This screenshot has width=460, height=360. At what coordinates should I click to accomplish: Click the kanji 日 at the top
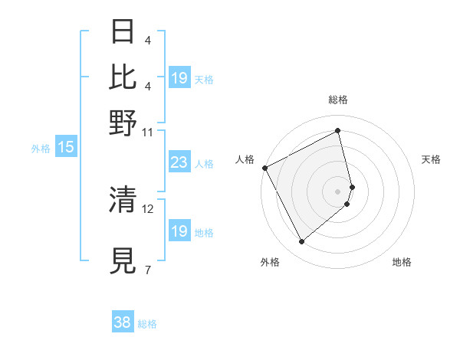coord(124,32)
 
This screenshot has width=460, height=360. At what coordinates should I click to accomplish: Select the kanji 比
coord(124,77)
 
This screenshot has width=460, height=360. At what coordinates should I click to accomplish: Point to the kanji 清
coord(124,199)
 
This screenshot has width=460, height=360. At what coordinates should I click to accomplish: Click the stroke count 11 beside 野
coord(148,132)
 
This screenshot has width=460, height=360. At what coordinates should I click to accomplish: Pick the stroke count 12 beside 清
coord(148,208)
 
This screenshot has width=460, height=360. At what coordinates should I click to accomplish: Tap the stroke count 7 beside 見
coord(148,270)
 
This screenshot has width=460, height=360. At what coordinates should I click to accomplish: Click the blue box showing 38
coord(123,322)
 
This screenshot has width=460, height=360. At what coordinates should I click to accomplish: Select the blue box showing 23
coord(179,162)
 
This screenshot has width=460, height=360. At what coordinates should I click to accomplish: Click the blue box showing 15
coord(66,148)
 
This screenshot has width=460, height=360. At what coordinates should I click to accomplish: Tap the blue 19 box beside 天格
coord(179,78)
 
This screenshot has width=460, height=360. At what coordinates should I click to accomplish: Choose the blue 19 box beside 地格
coord(179,231)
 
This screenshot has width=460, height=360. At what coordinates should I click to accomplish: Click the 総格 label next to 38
coord(147,324)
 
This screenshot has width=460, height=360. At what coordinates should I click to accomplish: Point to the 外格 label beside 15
coord(41,149)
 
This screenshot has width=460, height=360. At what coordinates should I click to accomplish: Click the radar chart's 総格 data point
coord(338,131)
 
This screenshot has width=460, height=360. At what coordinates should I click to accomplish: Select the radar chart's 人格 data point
coord(264,168)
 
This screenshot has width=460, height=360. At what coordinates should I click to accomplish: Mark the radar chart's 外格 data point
coord(301,242)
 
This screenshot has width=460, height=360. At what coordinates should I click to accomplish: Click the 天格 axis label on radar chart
coord(431,159)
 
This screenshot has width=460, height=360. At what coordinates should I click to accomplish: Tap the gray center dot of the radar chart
coord(338,191)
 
